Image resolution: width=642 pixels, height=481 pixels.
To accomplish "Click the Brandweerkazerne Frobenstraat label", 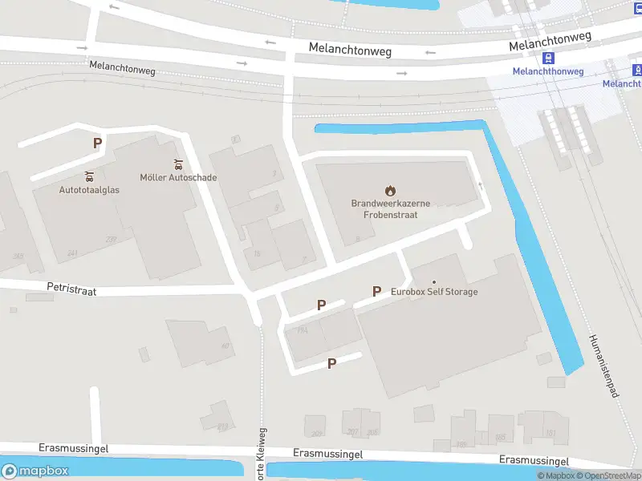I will (390, 209).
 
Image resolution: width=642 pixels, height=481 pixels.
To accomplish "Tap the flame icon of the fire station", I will (390, 191).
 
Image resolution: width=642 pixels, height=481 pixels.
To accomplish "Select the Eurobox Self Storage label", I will (434, 292).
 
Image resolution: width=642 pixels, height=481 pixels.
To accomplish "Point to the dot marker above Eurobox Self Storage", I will (434, 281).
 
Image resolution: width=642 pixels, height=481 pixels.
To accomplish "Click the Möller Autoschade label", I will (178, 178).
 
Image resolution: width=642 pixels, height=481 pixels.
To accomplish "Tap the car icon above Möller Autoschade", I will (178, 165).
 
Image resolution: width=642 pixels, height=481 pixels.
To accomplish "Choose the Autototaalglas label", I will (89, 190).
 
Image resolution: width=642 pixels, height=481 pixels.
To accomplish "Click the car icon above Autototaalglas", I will (89, 176).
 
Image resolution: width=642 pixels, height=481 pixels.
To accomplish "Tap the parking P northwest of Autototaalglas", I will (98, 143).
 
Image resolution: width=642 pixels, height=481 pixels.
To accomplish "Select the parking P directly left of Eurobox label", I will (376, 292).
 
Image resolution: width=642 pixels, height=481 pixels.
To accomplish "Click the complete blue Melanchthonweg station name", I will (548, 71).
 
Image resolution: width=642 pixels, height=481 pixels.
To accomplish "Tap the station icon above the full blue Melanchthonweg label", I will (549, 59).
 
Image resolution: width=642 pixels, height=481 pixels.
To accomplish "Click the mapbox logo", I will (35, 471).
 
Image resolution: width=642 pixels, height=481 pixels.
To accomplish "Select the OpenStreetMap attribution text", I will (611, 476).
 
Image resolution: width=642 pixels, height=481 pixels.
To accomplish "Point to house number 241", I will (72, 253).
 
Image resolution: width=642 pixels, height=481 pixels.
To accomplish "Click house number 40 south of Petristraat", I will (225, 346).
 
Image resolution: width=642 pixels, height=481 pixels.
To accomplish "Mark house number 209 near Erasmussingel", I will (317, 434).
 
